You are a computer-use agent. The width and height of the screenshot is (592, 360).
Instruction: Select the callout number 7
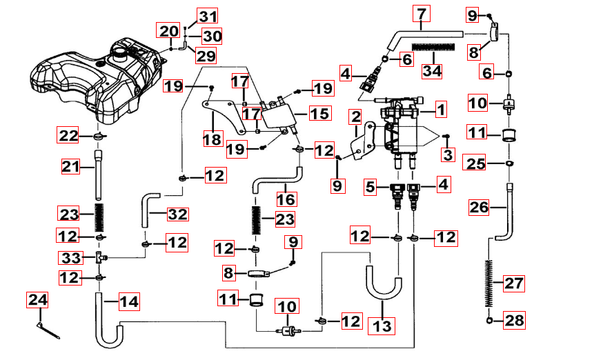(x=422, y=13)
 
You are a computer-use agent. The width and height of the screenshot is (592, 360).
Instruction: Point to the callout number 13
(x=379, y=324)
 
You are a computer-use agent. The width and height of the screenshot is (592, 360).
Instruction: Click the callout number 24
(x=37, y=300)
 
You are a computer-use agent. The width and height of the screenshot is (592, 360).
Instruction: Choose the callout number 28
(x=513, y=320)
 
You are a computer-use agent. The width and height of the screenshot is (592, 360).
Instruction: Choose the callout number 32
(x=177, y=214)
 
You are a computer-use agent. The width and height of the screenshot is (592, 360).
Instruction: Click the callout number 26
(x=480, y=206)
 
